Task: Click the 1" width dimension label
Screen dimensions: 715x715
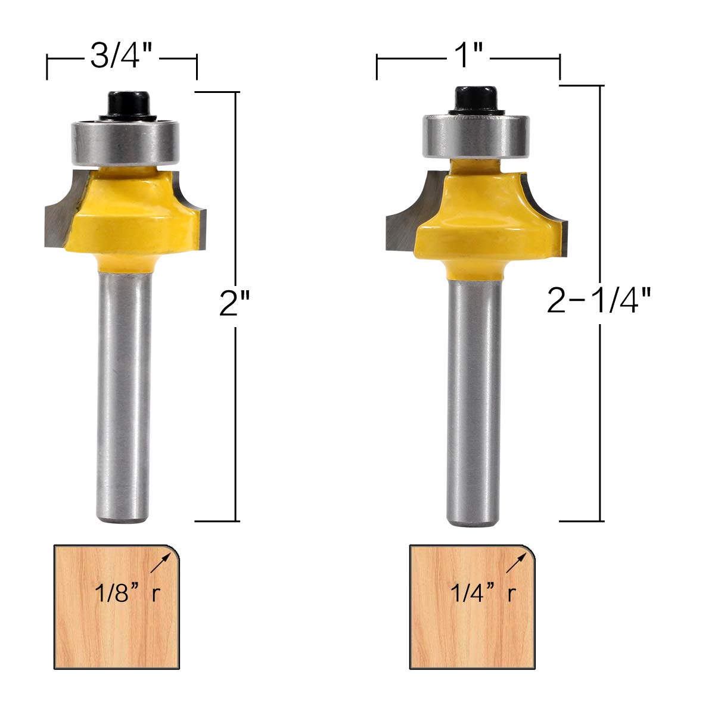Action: pyautogui.click(x=468, y=55)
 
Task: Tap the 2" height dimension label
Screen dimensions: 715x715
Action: pyautogui.click(x=235, y=303)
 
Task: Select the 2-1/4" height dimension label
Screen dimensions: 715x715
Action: pyautogui.click(x=599, y=300)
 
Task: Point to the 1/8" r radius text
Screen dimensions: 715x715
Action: pyautogui.click(x=128, y=592)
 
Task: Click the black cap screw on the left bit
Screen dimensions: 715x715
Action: pyautogui.click(x=128, y=105)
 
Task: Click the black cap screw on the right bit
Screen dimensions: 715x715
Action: pyautogui.click(x=476, y=99)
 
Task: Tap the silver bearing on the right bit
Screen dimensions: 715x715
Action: pyautogui.click(x=477, y=136)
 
